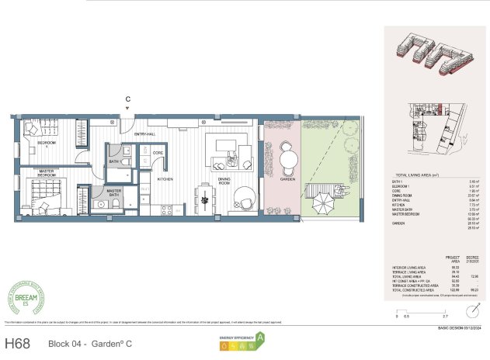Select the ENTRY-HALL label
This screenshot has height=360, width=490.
pos(145,135)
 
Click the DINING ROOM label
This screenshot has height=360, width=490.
pos(224,182)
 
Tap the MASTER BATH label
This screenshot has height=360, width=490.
pos(114,192)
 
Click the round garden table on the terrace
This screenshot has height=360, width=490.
pos(288,159)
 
